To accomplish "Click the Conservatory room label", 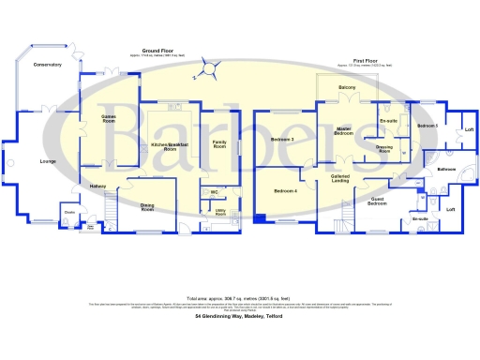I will pos(46,65).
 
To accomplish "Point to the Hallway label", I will pos(97,187).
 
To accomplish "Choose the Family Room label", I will pos(220,145).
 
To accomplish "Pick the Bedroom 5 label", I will pos(427,126).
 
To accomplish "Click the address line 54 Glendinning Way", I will pos(240,317).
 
